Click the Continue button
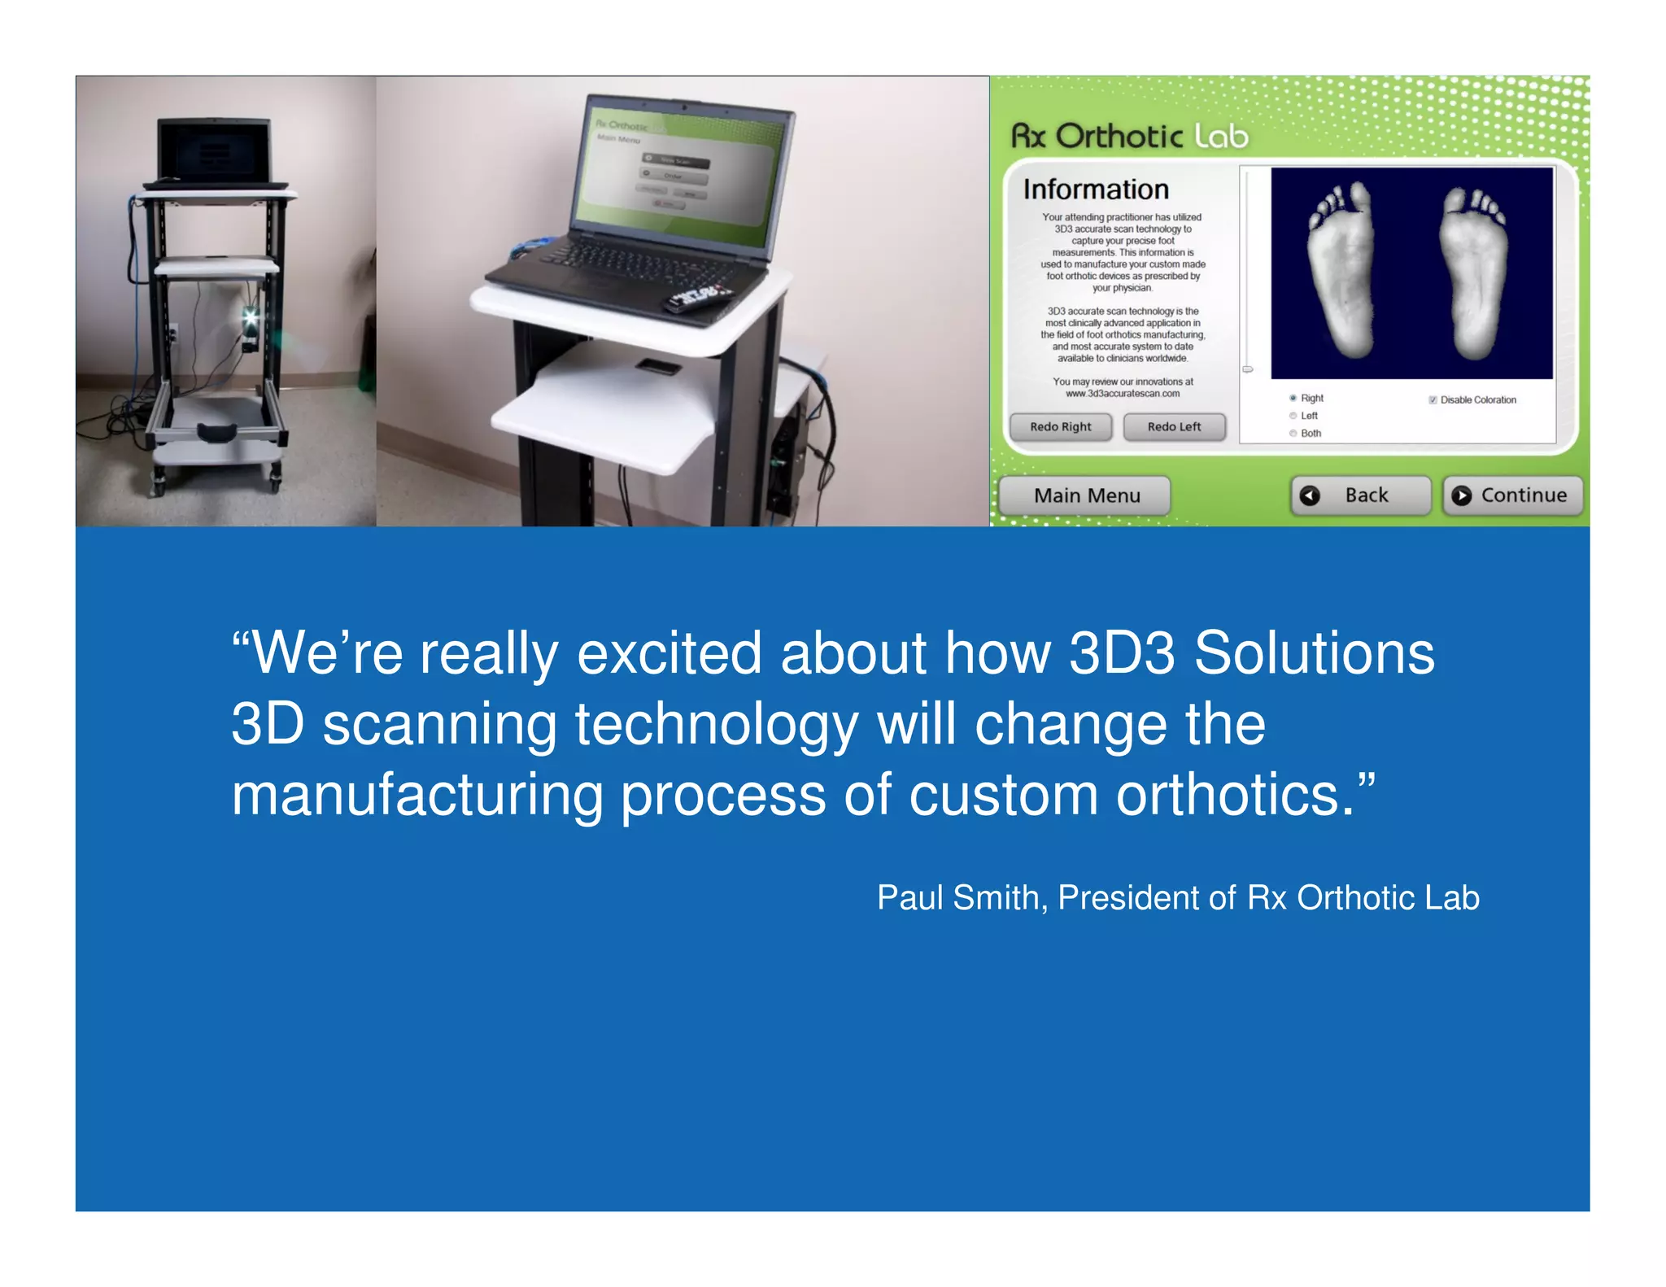pyautogui.click(x=1512, y=495)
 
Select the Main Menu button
pyautogui.click(x=1085, y=495)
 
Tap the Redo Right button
pyautogui.click(x=1060, y=427)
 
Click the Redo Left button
pyautogui.click(x=1173, y=427)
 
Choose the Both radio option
pyautogui.click(x=1293, y=434)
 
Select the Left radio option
pyautogui.click(x=1293, y=416)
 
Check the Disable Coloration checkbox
pyautogui.click(x=1433, y=400)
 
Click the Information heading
pyautogui.click(x=1095, y=190)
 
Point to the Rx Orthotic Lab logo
pyautogui.click(x=1129, y=137)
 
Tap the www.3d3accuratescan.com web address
pyautogui.click(x=1123, y=394)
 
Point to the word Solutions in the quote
pyautogui.click(x=1313, y=653)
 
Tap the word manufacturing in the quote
pyautogui.click(x=416, y=795)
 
